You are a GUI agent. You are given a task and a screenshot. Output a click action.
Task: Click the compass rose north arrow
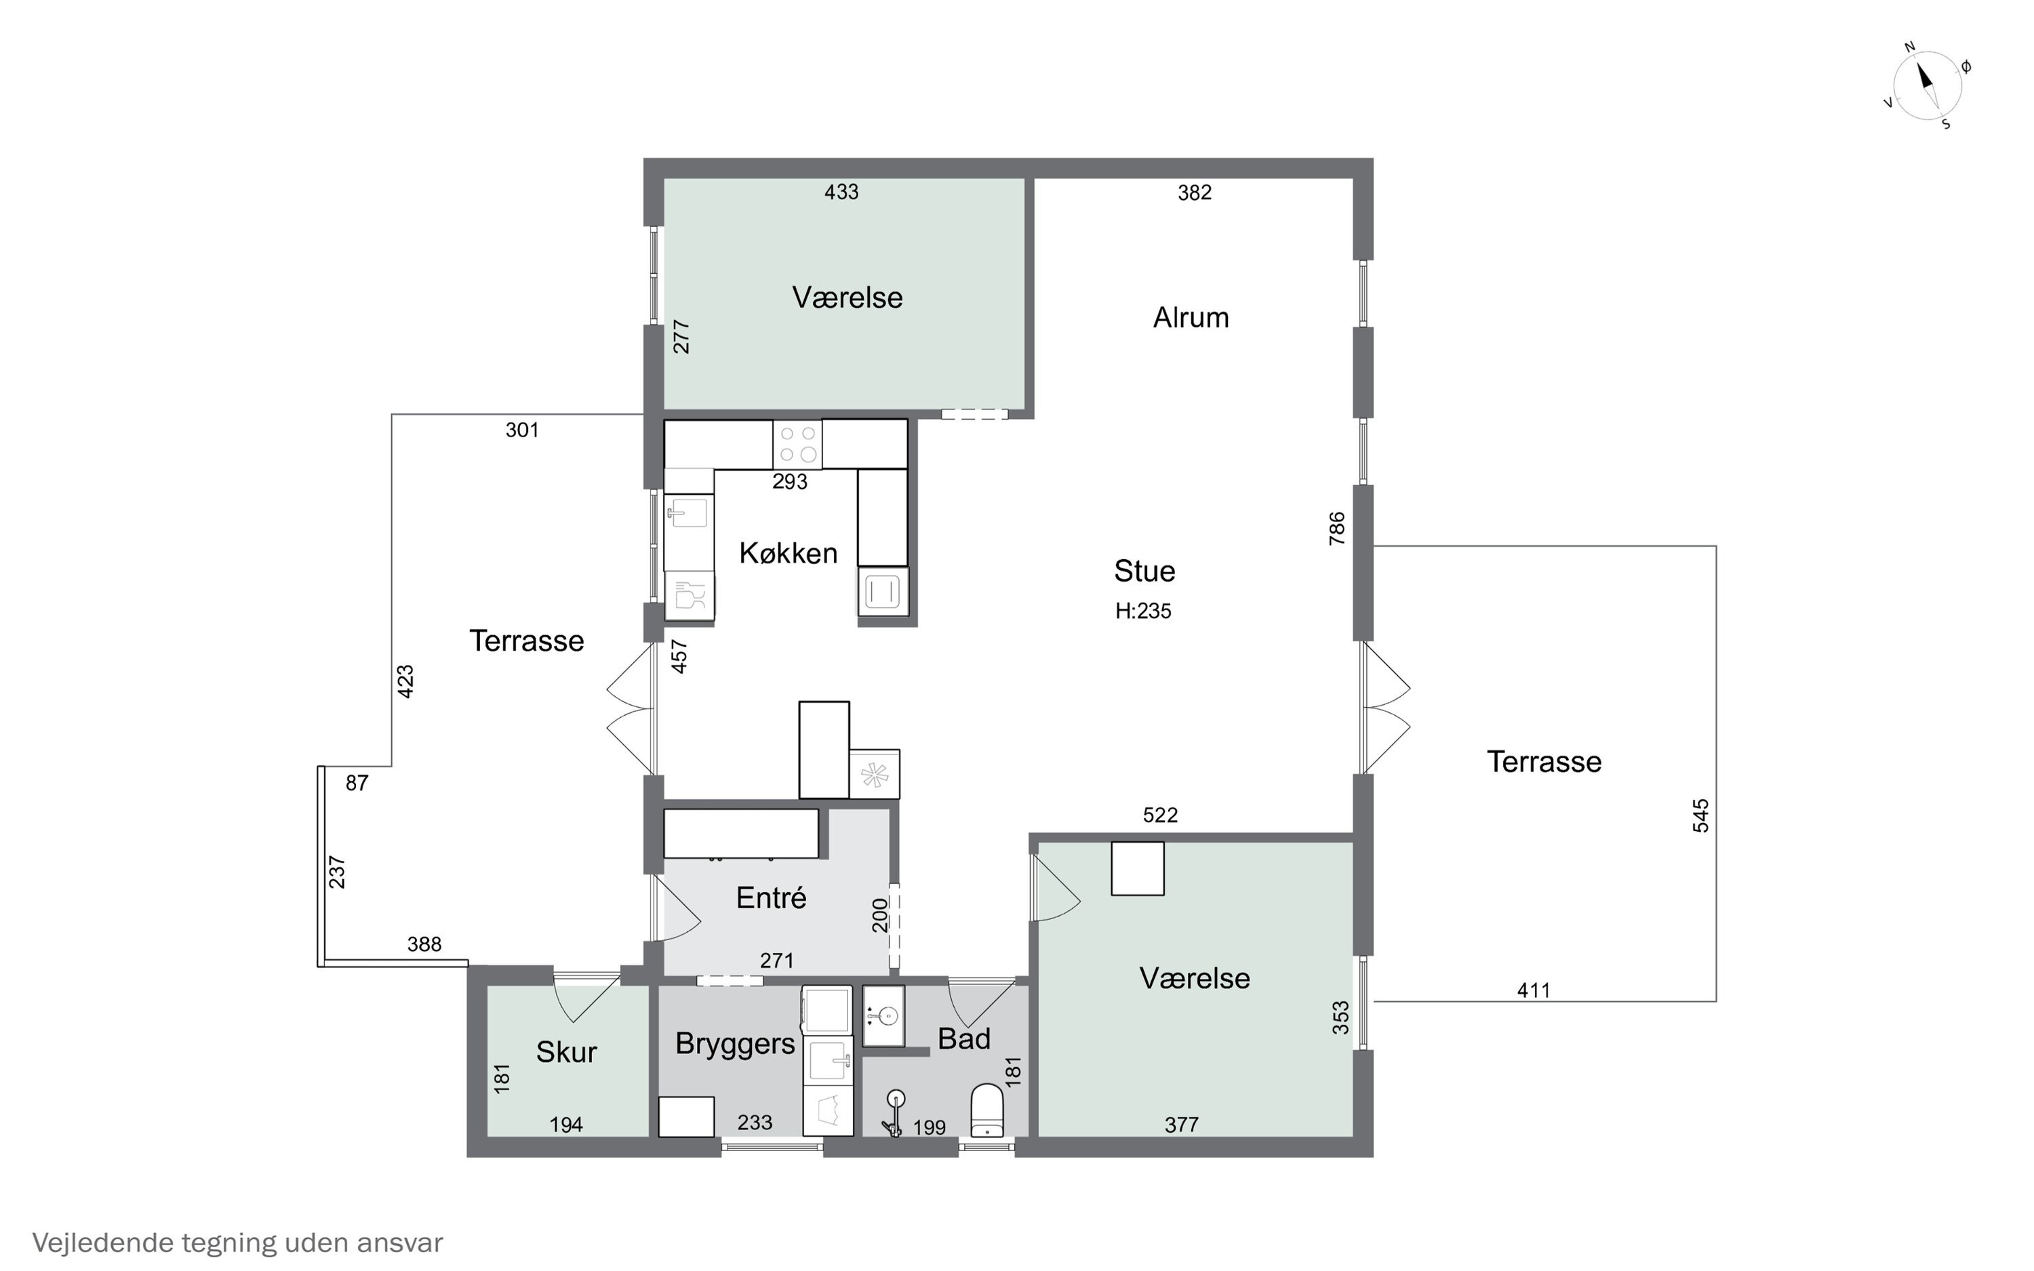click(x=1926, y=84)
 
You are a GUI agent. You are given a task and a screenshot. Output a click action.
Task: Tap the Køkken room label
click(x=789, y=553)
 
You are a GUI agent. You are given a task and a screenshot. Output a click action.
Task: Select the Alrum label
click(x=1191, y=318)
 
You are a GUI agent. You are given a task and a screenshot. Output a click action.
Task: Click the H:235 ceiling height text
click(x=1143, y=611)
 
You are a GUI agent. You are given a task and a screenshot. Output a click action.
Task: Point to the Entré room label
click(x=771, y=897)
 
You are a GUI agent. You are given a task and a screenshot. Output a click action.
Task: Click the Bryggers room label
click(x=734, y=1044)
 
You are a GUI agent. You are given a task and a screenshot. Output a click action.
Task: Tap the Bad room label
click(x=964, y=1039)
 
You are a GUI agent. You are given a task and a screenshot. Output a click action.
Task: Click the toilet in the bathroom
click(x=988, y=1110)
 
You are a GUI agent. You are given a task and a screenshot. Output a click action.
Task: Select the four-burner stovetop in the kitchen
click(x=797, y=444)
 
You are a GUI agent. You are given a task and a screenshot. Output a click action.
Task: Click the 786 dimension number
click(x=1336, y=529)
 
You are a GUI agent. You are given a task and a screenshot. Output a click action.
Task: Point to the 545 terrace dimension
click(x=1700, y=816)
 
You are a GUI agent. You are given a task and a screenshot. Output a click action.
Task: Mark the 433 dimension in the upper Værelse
click(x=841, y=193)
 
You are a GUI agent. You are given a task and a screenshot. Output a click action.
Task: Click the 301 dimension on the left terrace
click(x=522, y=430)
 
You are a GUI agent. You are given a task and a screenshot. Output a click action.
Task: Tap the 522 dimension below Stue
click(x=1161, y=815)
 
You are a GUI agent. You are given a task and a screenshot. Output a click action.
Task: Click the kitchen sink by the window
click(x=688, y=512)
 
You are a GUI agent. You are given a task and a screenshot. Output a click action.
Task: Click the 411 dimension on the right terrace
click(x=1534, y=990)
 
